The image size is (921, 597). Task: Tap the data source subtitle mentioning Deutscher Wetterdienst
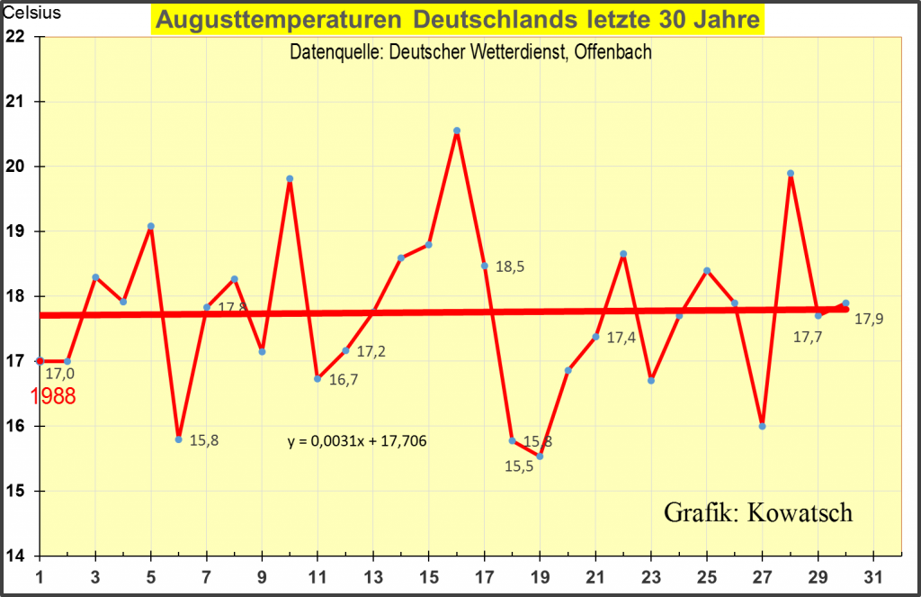click(x=470, y=52)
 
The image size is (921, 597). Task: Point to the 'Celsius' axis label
click(x=31, y=14)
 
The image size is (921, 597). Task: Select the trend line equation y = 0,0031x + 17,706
click(x=357, y=441)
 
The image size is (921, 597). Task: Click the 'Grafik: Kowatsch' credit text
click(x=758, y=512)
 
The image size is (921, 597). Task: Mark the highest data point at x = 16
click(x=457, y=131)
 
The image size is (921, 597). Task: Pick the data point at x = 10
click(x=290, y=178)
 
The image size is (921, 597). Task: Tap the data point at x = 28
click(x=791, y=173)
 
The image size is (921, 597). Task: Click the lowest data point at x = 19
click(x=540, y=457)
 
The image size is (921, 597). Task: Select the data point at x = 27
click(x=763, y=426)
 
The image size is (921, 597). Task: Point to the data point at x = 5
click(x=151, y=226)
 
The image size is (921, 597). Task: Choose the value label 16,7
click(x=342, y=380)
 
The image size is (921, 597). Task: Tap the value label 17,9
click(x=868, y=319)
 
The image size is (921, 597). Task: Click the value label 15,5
click(x=519, y=466)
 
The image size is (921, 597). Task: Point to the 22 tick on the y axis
click(x=15, y=37)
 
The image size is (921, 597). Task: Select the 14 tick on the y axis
click(x=15, y=556)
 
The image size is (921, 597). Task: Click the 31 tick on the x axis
click(x=873, y=575)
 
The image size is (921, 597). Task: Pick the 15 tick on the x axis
click(x=429, y=575)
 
